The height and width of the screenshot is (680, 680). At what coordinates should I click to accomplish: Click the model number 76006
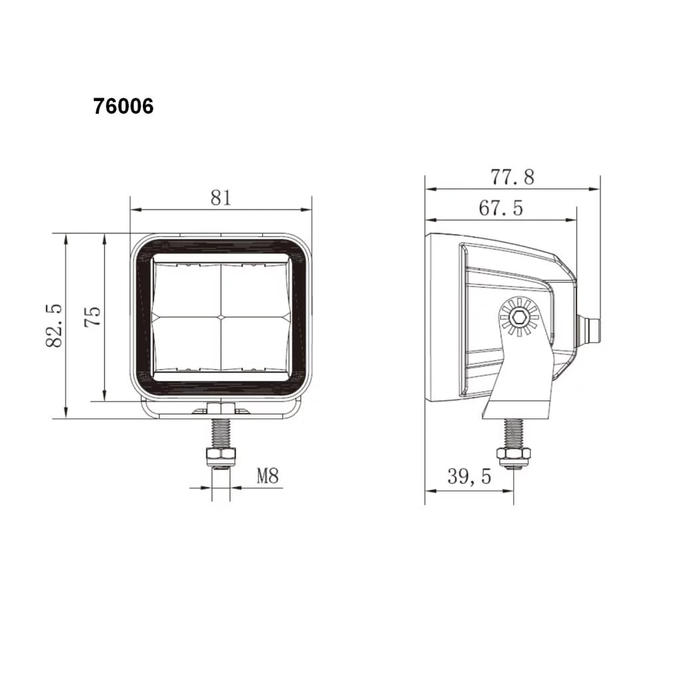(x=124, y=106)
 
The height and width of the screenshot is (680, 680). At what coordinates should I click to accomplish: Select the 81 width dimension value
(x=220, y=197)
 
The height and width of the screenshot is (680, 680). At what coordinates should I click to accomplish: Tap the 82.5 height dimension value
(x=54, y=325)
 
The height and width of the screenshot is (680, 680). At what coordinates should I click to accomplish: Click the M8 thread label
(x=267, y=475)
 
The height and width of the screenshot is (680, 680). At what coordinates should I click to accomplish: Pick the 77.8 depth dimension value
(x=512, y=177)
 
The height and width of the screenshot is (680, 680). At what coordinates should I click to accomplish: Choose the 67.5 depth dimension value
(x=501, y=209)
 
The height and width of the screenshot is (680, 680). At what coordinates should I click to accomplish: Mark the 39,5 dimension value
(x=469, y=477)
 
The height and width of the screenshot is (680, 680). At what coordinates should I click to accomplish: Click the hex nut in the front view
(x=221, y=456)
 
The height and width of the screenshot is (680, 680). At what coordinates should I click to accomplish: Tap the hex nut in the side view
(x=513, y=455)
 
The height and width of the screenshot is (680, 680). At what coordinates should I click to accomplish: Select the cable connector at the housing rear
(x=589, y=329)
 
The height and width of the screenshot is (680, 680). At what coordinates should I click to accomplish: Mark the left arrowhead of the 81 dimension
(x=135, y=210)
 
